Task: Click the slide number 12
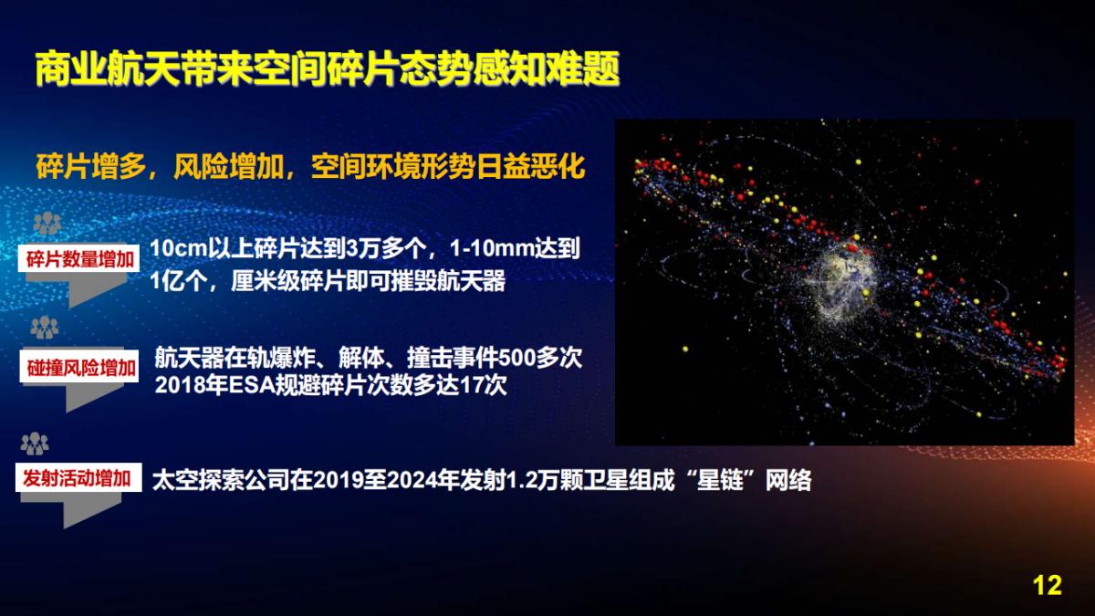pyautogui.click(x=1048, y=585)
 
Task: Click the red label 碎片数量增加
pyautogui.click(x=79, y=259)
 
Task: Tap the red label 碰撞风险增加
pyautogui.click(x=80, y=368)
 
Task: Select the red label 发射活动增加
pyautogui.click(x=78, y=477)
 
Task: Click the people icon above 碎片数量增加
pyautogui.click(x=47, y=224)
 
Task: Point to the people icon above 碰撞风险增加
pyautogui.click(x=45, y=328)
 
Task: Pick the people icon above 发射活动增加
pyautogui.click(x=35, y=444)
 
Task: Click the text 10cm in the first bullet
pyautogui.click(x=179, y=248)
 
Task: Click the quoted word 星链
pyautogui.click(x=720, y=480)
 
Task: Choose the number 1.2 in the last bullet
pyautogui.click(x=520, y=480)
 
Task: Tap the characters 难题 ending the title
pyautogui.click(x=583, y=69)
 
